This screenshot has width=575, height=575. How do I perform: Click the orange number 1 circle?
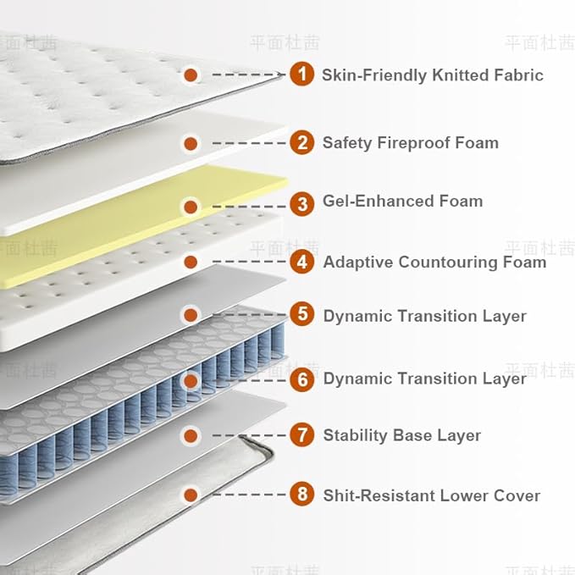point(301,75)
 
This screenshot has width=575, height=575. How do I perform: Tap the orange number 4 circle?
point(301,262)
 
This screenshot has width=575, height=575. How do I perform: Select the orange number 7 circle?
point(301,435)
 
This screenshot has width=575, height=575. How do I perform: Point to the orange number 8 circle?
point(301,495)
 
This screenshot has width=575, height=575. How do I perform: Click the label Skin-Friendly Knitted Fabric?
point(432,75)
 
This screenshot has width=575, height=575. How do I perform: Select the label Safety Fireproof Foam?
point(410,142)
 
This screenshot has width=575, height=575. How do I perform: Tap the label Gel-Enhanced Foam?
point(402,202)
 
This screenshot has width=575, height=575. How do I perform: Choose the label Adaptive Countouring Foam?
point(434,262)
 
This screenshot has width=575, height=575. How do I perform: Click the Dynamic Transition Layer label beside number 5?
point(424,316)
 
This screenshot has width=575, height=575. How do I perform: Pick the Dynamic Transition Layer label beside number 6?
point(424,379)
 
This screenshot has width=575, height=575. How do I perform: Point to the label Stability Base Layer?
point(401,436)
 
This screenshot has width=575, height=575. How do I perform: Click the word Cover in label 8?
point(517,495)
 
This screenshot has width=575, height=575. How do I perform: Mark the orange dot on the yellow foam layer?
point(191,206)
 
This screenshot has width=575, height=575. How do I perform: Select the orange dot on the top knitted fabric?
point(191,75)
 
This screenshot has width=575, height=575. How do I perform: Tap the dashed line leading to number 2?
point(249,143)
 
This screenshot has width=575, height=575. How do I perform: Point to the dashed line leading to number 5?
point(249,315)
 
